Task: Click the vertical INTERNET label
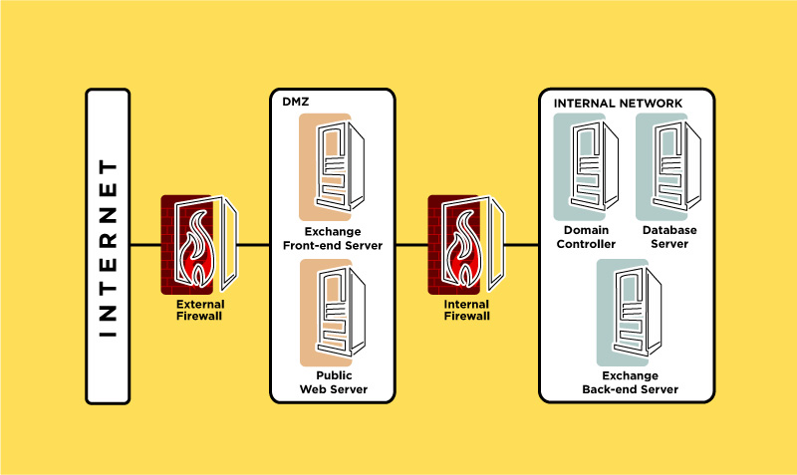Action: tap(108, 248)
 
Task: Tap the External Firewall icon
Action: tap(199, 245)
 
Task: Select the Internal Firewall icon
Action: tap(466, 245)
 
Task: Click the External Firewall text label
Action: tap(200, 310)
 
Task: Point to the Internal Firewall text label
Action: tap(466, 310)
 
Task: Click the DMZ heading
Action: tap(295, 102)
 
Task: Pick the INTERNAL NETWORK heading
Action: tap(618, 104)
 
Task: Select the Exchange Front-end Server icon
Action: tap(332, 166)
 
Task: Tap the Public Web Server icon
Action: tap(333, 313)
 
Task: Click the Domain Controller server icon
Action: tap(586, 166)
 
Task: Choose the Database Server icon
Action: tap(668, 166)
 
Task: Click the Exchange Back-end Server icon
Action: tap(630, 313)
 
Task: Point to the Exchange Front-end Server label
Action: tap(333, 238)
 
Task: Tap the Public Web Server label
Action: tap(334, 382)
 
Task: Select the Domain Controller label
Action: tap(586, 237)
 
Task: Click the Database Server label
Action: tap(669, 237)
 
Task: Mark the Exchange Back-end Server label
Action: tap(631, 382)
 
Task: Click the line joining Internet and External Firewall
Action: tap(145, 245)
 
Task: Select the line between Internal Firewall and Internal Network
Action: tap(521, 245)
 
